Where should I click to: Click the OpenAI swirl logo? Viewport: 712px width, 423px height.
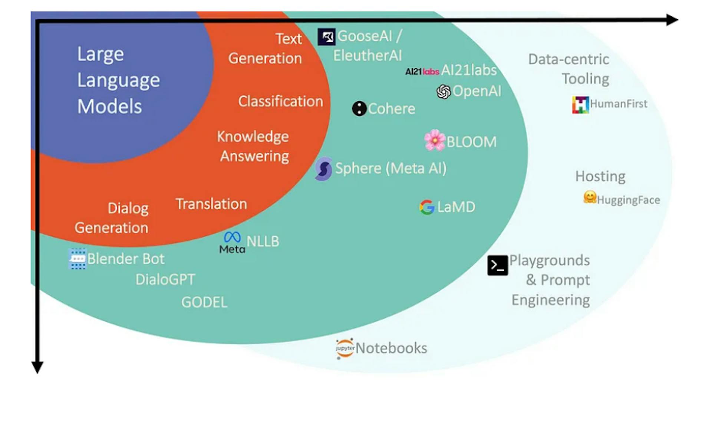(x=444, y=92)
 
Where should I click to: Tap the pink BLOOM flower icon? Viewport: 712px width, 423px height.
(x=435, y=140)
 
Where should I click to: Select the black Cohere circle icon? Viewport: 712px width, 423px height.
(x=359, y=109)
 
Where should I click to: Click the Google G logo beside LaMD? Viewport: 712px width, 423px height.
(x=427, y=207)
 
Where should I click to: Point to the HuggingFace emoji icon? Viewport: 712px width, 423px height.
(x=590, y=197)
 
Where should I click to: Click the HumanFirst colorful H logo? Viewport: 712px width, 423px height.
(x=580, y=105)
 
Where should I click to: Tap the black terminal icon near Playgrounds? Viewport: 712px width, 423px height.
(x=497, y=265)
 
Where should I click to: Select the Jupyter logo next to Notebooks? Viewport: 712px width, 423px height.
(x=345, y=348)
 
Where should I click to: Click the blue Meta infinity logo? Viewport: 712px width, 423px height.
(x=233, y=237)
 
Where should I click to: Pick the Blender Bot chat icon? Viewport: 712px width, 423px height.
(x=78, y=258)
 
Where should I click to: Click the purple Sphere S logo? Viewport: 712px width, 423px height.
(x=324, y=169)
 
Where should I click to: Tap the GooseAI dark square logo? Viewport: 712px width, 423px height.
(x=327, y=37)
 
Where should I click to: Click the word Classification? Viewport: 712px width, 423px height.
(x=280, y=101)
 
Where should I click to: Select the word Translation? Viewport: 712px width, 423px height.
(x=211, y=204)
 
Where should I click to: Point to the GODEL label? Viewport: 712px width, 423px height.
(x=204, y=302)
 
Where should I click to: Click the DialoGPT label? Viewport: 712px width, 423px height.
(x=165, y=279)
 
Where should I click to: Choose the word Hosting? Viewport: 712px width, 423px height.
(x=600, y=176)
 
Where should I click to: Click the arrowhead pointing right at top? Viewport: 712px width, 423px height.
(x=672, y=20)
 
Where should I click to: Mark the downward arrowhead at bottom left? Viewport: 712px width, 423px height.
(x=37, y=367)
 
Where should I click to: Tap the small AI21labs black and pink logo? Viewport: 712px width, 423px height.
(x=422, y=71)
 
